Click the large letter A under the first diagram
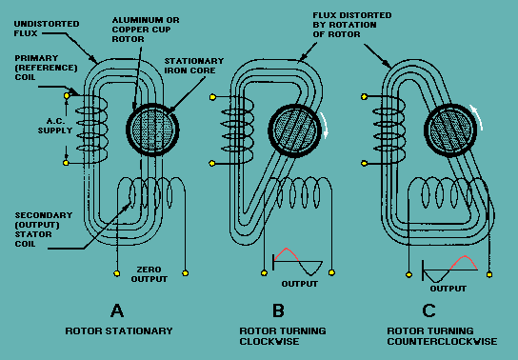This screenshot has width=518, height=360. tap(117, 310)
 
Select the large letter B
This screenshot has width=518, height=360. tap(278, 310)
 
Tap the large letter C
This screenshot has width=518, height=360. tap(428, 310)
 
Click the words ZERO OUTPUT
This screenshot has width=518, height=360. tap(149, 274)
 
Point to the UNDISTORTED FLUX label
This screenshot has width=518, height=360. tap(47, 29)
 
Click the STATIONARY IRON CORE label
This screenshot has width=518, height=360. tap(194, 66)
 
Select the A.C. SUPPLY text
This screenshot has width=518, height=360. tap(55, 126)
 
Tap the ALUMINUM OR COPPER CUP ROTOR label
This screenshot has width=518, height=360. tap(146, 30)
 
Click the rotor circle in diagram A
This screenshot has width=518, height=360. tap(152, 130)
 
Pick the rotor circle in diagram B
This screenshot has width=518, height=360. tap(294, 130)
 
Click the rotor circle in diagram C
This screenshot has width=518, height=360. tap(450, 130)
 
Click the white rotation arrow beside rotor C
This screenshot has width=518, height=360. tap(477, 117)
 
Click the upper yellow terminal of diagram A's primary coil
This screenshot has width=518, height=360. tap(67, 96)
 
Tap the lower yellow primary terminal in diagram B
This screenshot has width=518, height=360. tap(212, 163)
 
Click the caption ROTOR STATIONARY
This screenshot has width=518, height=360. tap(119, 330)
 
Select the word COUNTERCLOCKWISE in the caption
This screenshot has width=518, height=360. tap(442, 341)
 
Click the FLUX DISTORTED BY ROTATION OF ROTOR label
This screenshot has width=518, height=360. tap(352, 25)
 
